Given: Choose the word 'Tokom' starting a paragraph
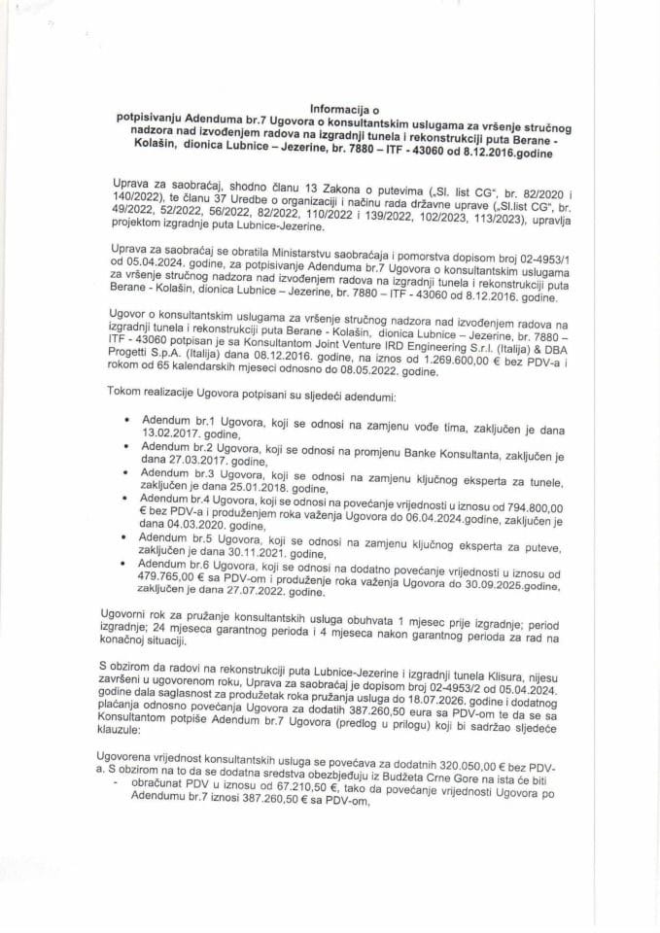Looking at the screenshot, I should pos(120,398).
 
